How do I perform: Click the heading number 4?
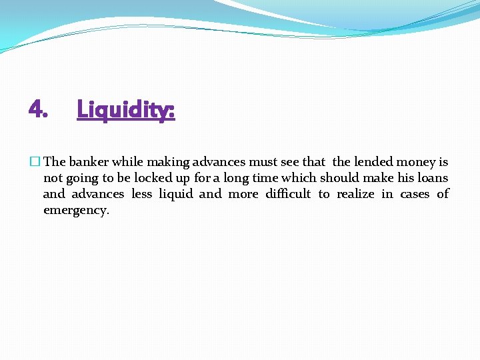point(38,108)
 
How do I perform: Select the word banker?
point(89,161)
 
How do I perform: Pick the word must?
point(263,161)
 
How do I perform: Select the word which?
point(299,177)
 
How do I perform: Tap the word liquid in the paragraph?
point(176,194)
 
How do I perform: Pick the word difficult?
point(288,194)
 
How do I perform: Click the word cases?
point(415,194)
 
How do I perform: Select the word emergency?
point(76,211)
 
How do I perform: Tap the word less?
point(141,194)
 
